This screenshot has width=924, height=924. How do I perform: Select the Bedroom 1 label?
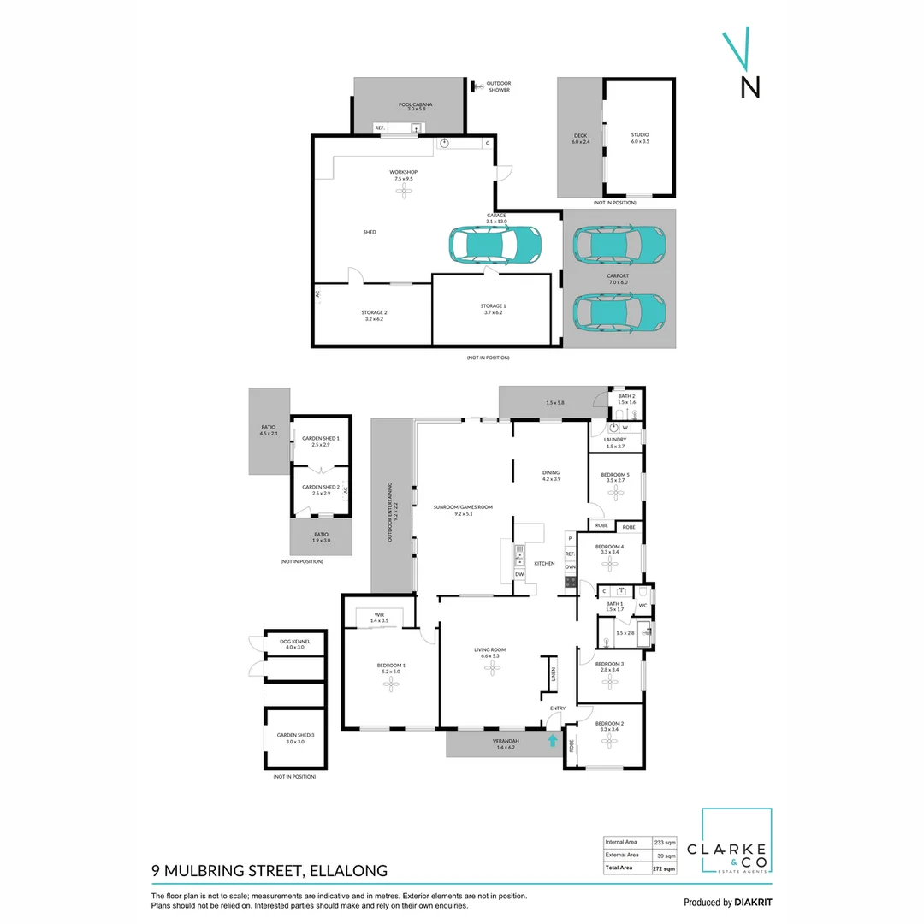391,669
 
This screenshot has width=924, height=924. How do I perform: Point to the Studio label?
640,137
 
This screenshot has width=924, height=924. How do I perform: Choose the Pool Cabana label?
415,106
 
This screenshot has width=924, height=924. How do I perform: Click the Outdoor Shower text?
498,86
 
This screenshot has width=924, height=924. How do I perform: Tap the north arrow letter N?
749,87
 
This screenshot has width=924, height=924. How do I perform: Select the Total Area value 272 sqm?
664,868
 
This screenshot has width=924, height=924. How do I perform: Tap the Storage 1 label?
493,308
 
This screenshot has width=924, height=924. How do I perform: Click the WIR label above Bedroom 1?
378,617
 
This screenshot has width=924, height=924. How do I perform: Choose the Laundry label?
616,441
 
